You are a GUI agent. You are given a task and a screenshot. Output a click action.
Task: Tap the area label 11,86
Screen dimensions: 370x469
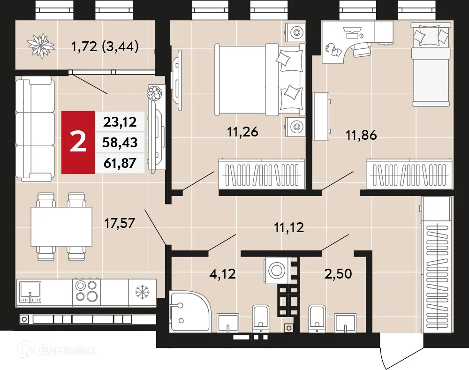pos(361,136)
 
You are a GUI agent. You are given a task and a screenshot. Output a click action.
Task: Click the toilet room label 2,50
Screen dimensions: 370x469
pos(338,273)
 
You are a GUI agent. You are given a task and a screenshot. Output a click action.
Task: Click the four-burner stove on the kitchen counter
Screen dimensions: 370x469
pos(87,291)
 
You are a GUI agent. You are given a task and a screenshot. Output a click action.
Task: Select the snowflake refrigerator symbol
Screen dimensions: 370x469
pos(141,292)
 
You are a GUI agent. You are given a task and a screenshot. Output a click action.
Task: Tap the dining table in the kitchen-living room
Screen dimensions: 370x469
pos(61,227)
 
